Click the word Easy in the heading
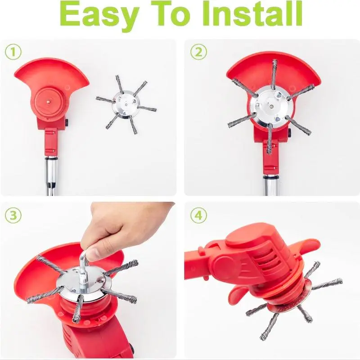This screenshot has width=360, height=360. click(x=100, y=14)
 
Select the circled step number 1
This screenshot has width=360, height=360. click(x=13, y=52)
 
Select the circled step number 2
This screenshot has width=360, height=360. click(x=198, y=52)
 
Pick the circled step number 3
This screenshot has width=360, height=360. click(x=13, y=216)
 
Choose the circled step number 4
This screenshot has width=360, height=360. click(x=198, y=216)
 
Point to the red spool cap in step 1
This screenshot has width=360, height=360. click(x=49, y=101)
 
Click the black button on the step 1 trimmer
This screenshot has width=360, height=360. click(x=67, y=123)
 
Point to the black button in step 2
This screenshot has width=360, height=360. click(x=289, y=132)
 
